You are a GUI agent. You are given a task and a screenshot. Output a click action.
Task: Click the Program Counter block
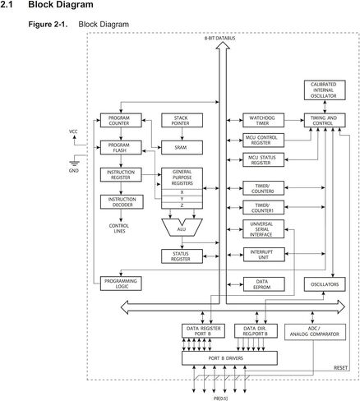click(x=121, y=120)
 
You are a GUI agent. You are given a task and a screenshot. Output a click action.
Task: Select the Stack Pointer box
click(x=182, y=120)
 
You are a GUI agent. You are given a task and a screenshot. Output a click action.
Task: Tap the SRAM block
click(x=182, y=147)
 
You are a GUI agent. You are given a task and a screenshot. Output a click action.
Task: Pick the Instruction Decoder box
click(x=122, y=202)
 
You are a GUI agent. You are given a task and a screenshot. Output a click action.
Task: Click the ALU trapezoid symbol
click(x=182, y=228)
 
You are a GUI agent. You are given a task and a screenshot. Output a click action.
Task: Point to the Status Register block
click(x=182, y=256)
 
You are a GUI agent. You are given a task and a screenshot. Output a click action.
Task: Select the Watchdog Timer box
click(x=263, y=120)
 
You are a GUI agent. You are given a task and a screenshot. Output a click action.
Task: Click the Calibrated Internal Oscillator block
click(x=325, y=90)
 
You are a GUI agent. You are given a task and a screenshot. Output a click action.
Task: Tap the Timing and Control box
click(x=325, y=120)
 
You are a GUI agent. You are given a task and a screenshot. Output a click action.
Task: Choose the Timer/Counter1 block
click(x=263, y=207)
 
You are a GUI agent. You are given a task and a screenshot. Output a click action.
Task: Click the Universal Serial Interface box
click(x=263, y=229)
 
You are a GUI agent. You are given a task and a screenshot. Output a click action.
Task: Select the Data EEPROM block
click(x=264, y=284)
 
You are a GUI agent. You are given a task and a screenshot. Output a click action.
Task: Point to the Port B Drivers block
click(x=229, y=358)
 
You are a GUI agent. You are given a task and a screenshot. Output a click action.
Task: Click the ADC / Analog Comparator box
click(x=315, y=332)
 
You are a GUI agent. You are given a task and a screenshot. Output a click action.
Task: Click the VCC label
click(x=73, y=131)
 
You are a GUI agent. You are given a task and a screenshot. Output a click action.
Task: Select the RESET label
click(x=340, y=368)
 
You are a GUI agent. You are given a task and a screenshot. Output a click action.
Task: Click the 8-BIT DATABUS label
click(x=219, y=39)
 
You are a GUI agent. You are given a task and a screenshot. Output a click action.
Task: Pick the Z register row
click(x=182, y=205)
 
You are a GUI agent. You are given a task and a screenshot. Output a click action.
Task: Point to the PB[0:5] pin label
click(x=220, y=399)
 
